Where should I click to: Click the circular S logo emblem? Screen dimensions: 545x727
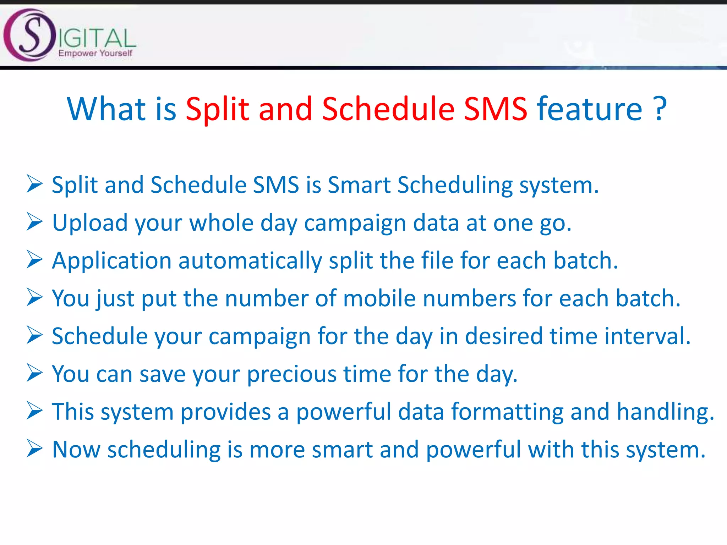pyautogui.click(x=29, y=35)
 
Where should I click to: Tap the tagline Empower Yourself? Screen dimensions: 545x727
pyautogui.click(x=95, y=53)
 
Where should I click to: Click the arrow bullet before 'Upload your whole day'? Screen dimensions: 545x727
pyautogui.click(x=34, y=222)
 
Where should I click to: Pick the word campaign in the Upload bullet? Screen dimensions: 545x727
pyautogui.click(x=355, y=224)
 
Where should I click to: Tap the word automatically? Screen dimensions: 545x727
pyautogui.click(x=250, y=261)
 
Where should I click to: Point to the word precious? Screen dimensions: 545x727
pyautogui.click(x=291, y=374)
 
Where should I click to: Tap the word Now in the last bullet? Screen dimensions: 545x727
pyautogui.click(x=76, y=450)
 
